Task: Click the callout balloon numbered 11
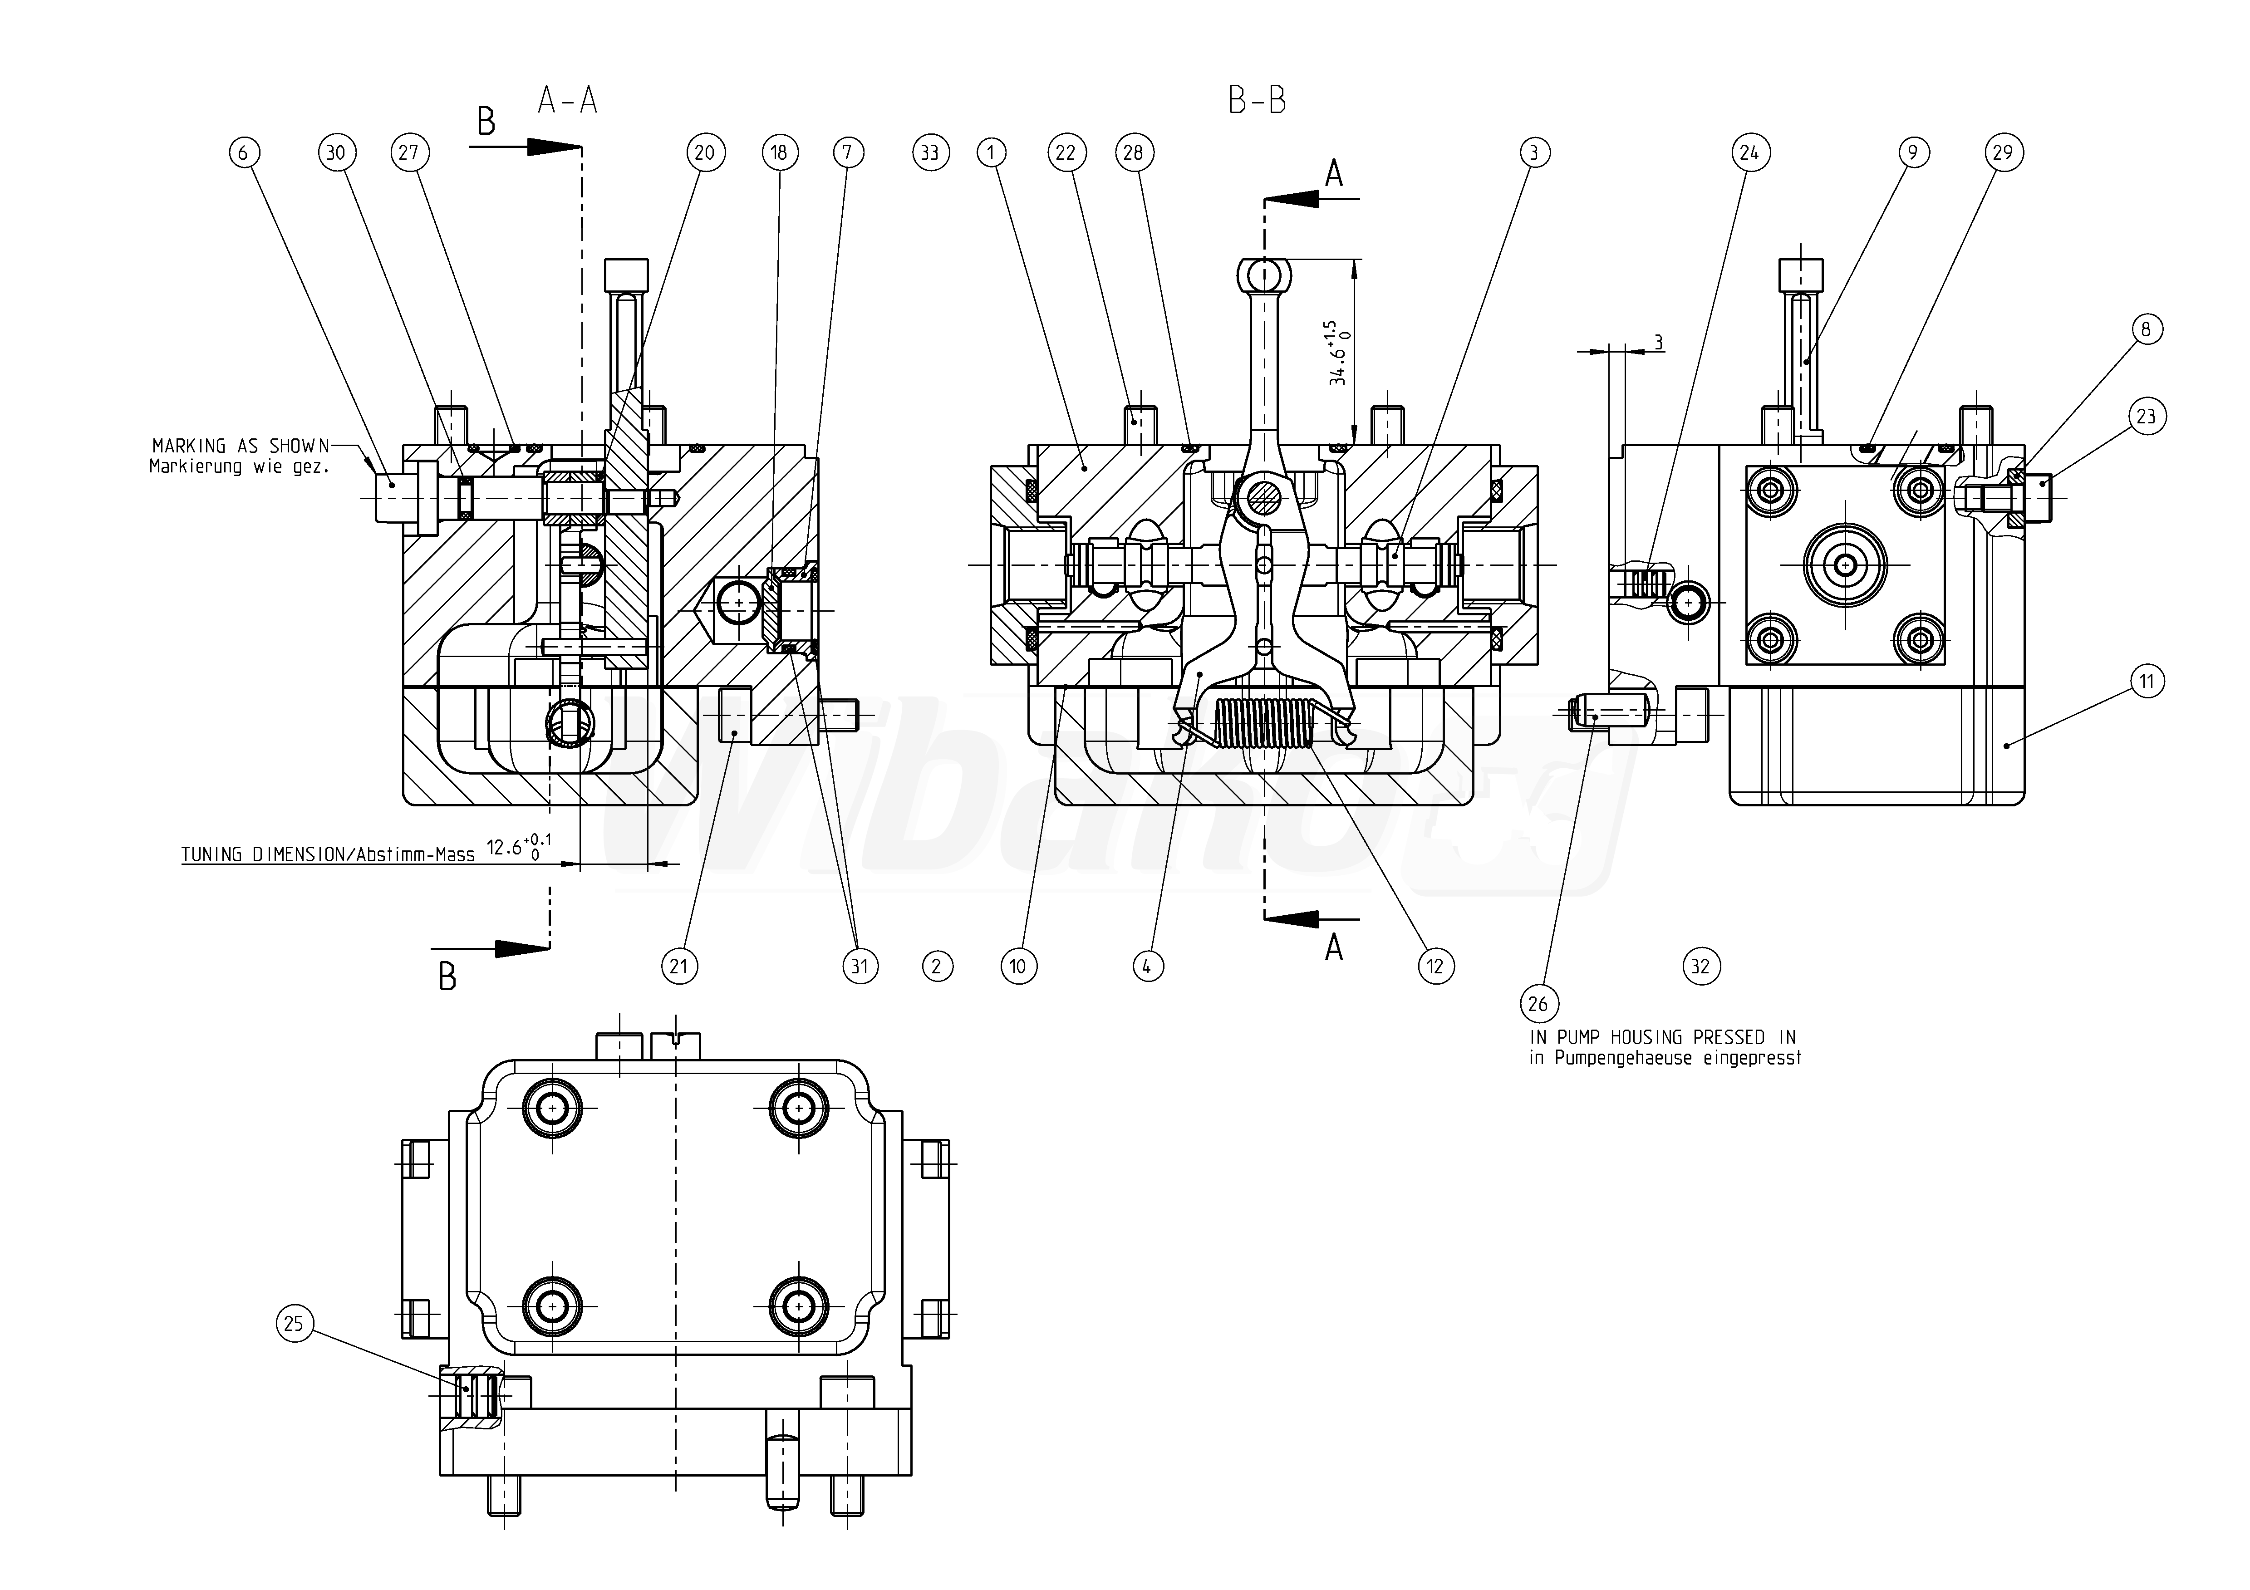[x=2146, y=681]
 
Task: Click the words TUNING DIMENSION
[x=260, y=854]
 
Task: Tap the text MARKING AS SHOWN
[x=241, y=446]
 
